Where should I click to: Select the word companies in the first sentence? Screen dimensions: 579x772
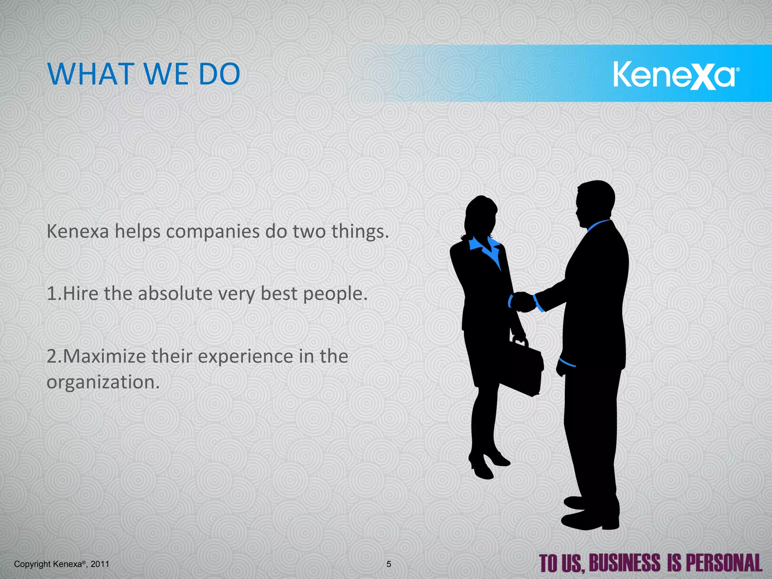tap(213, 232)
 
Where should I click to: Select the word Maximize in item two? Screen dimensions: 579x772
tap(104, 356)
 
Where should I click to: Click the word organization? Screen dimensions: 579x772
tap(103, 382)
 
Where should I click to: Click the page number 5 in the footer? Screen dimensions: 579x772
tap(389, 564)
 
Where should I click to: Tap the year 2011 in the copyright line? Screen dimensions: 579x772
tap(100, 564)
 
